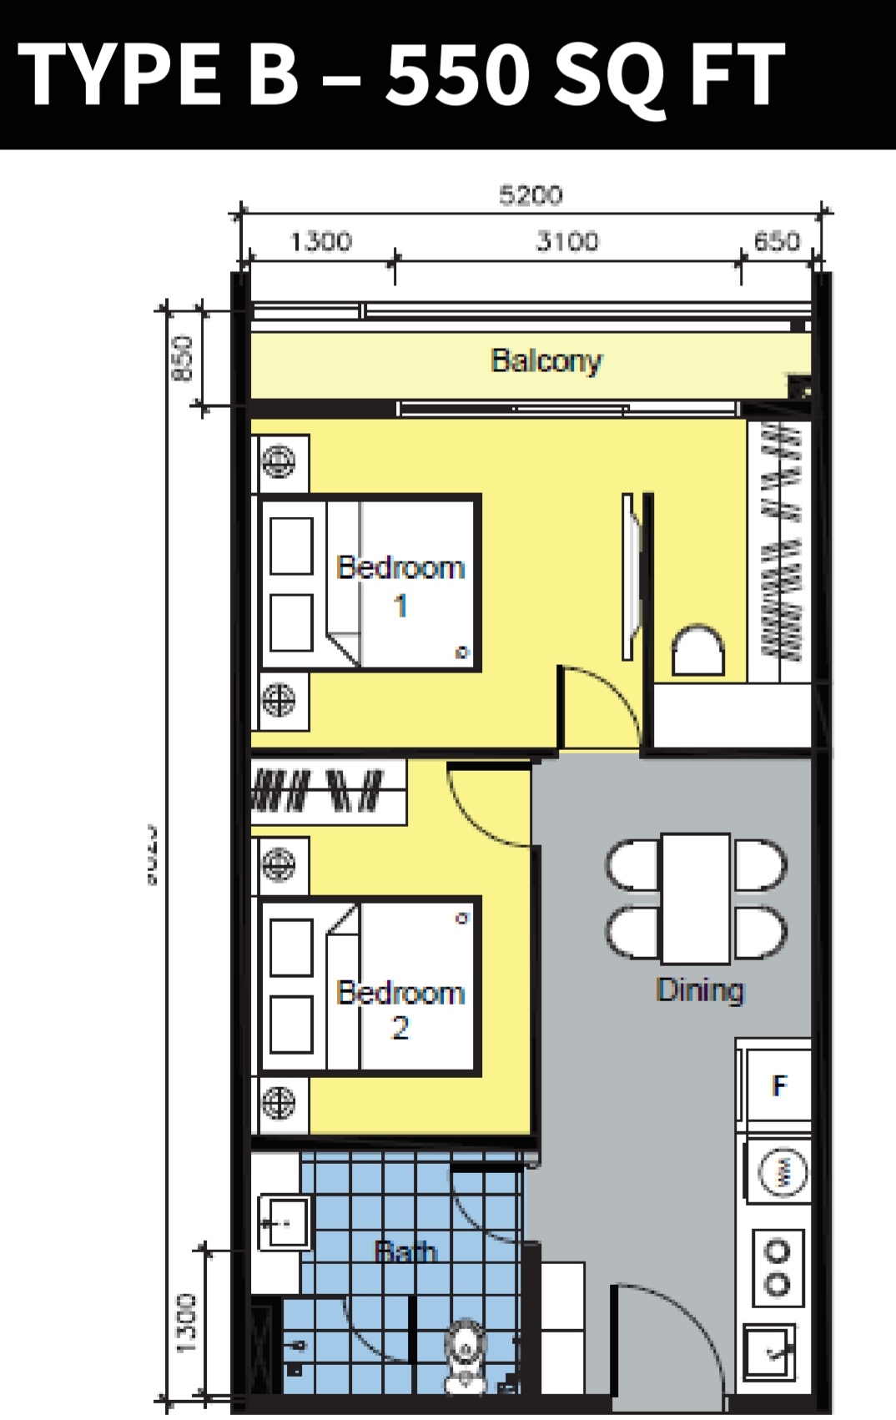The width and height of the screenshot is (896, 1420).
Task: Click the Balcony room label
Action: (546, 360)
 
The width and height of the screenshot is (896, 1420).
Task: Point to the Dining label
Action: (699, 989)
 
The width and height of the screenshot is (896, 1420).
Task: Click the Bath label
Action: (405, 1251)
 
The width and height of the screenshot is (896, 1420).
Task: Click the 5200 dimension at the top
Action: (531, 195)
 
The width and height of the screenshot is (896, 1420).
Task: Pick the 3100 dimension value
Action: (566, 241)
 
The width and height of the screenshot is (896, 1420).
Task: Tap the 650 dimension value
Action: (777, 241)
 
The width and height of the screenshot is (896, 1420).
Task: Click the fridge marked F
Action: (778, 1085)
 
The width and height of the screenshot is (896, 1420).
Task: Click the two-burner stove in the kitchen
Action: (778, 1267)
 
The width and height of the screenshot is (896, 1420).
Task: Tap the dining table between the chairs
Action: (696, 898)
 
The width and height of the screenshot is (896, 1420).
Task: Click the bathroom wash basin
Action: (284, 1223)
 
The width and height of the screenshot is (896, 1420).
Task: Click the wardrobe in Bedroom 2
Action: (328, 790)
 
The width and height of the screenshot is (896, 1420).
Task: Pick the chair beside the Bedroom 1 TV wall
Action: (697, 651)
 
